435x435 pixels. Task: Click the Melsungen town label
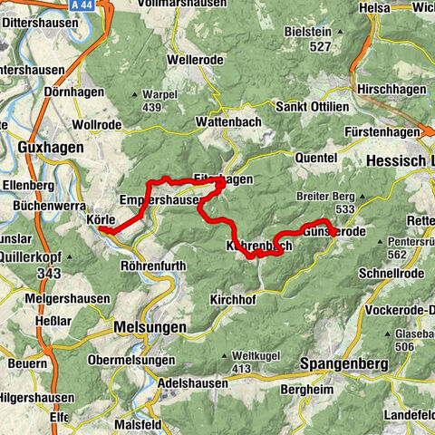(150, 326)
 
